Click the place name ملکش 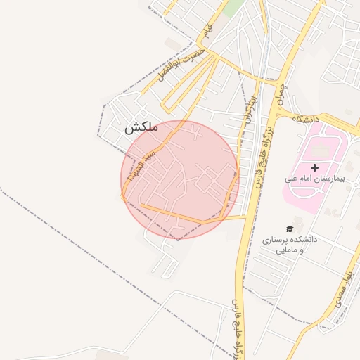click(141, 128)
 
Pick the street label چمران click(282, 97)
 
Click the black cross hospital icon click(314, 167)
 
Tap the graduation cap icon click(290, 229)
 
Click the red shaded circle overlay click(181, 179)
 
